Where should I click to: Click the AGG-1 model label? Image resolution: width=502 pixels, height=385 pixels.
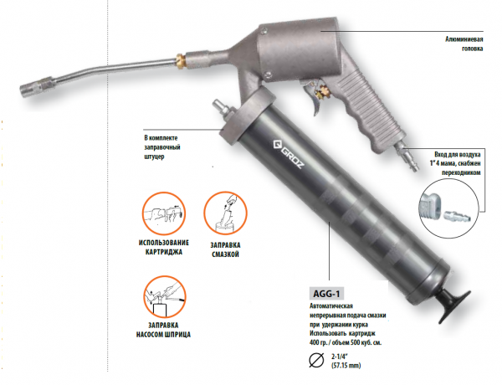point(326,294)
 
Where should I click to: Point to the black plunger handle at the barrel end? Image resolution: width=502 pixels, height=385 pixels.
point(454,303)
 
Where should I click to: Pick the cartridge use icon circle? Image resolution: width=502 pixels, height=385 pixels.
point(164,213)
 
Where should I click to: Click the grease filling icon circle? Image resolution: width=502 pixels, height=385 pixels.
point(225,213)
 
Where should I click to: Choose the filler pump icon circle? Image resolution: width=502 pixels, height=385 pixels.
point(165,297)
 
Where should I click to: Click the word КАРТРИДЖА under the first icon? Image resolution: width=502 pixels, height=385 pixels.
point(164,252)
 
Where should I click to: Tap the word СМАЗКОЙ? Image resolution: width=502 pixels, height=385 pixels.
point(225,254)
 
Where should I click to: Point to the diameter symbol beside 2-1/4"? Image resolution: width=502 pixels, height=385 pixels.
point(316,360)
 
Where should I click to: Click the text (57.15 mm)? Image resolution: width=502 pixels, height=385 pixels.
point(346,365)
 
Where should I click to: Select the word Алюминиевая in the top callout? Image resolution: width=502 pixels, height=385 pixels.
point(464,39)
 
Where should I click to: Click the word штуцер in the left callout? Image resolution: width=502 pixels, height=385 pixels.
point(154,157)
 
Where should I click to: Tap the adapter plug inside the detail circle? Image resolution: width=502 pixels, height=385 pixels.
point(457,216)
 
